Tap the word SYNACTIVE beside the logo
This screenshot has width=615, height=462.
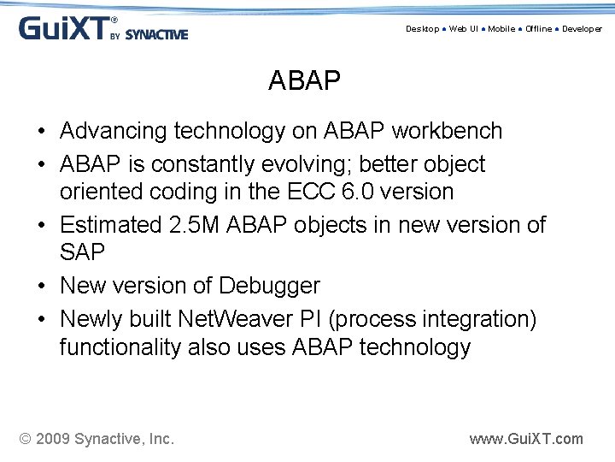[x=156, y=35]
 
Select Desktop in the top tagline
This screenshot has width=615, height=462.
[x=422, y=29]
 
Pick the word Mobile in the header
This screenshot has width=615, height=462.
[x=501, y=29]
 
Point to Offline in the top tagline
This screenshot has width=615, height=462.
[x=539, y=29]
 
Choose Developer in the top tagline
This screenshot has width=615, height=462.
[x=582, y=29]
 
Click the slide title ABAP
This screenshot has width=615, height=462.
[x=304, y=81]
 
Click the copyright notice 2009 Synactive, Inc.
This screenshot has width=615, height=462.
[x=97, y=439]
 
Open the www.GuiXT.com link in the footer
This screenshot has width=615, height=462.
[x=526, y=439]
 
